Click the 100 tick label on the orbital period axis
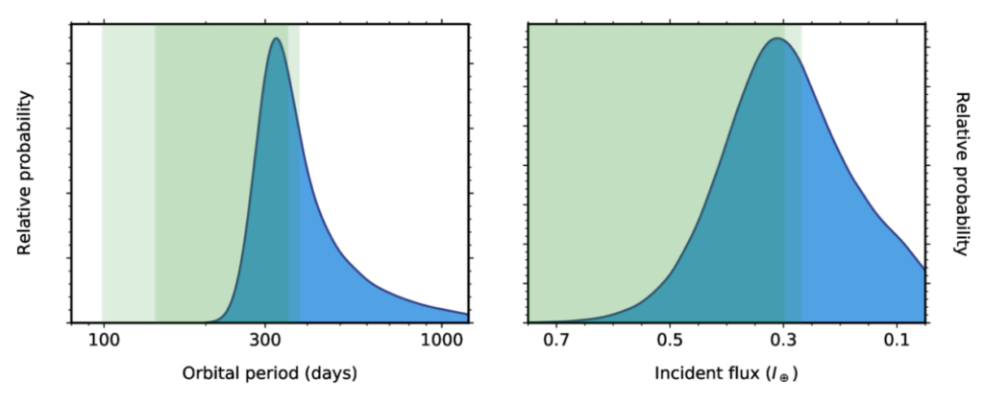click(102, 340)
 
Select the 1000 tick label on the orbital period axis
click(441, 340)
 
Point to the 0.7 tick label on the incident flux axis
click(556, 340)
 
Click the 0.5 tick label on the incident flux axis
click(670, 340)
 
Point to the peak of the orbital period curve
click(277, 39)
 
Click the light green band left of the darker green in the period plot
click(128, 173)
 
